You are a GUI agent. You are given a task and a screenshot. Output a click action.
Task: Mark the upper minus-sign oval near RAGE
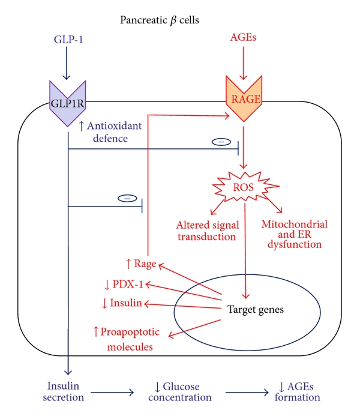click(x=220, y=142)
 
